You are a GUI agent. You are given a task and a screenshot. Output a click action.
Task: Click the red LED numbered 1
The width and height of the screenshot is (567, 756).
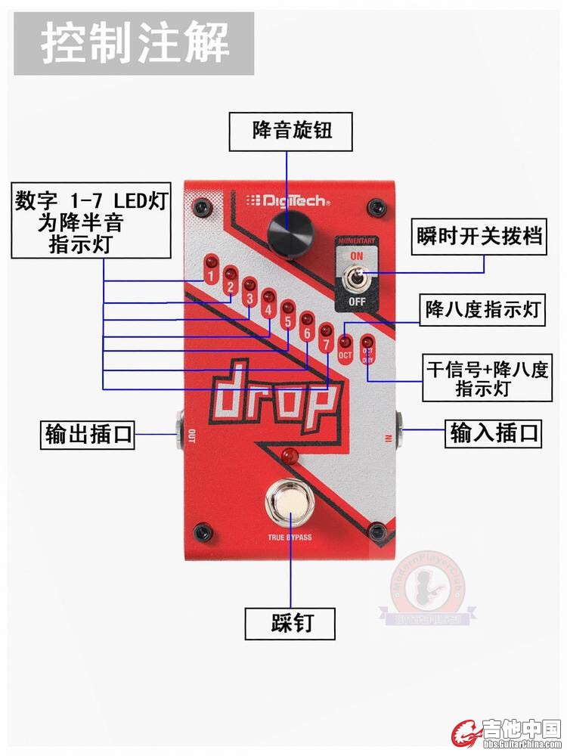tap(212, 263)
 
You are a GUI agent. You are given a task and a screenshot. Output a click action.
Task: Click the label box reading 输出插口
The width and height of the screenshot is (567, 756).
tap(88, 435)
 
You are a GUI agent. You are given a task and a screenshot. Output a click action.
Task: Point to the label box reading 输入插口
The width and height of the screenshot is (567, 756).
tap(494, 433)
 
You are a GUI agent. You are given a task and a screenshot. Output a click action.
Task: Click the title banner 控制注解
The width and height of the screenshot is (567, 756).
tap(134, 43)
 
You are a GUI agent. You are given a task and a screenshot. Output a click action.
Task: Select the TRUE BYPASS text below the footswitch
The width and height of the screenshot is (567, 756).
tap(290, 538)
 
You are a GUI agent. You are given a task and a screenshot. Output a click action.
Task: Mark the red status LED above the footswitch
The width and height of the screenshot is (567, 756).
tap(288, 454)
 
